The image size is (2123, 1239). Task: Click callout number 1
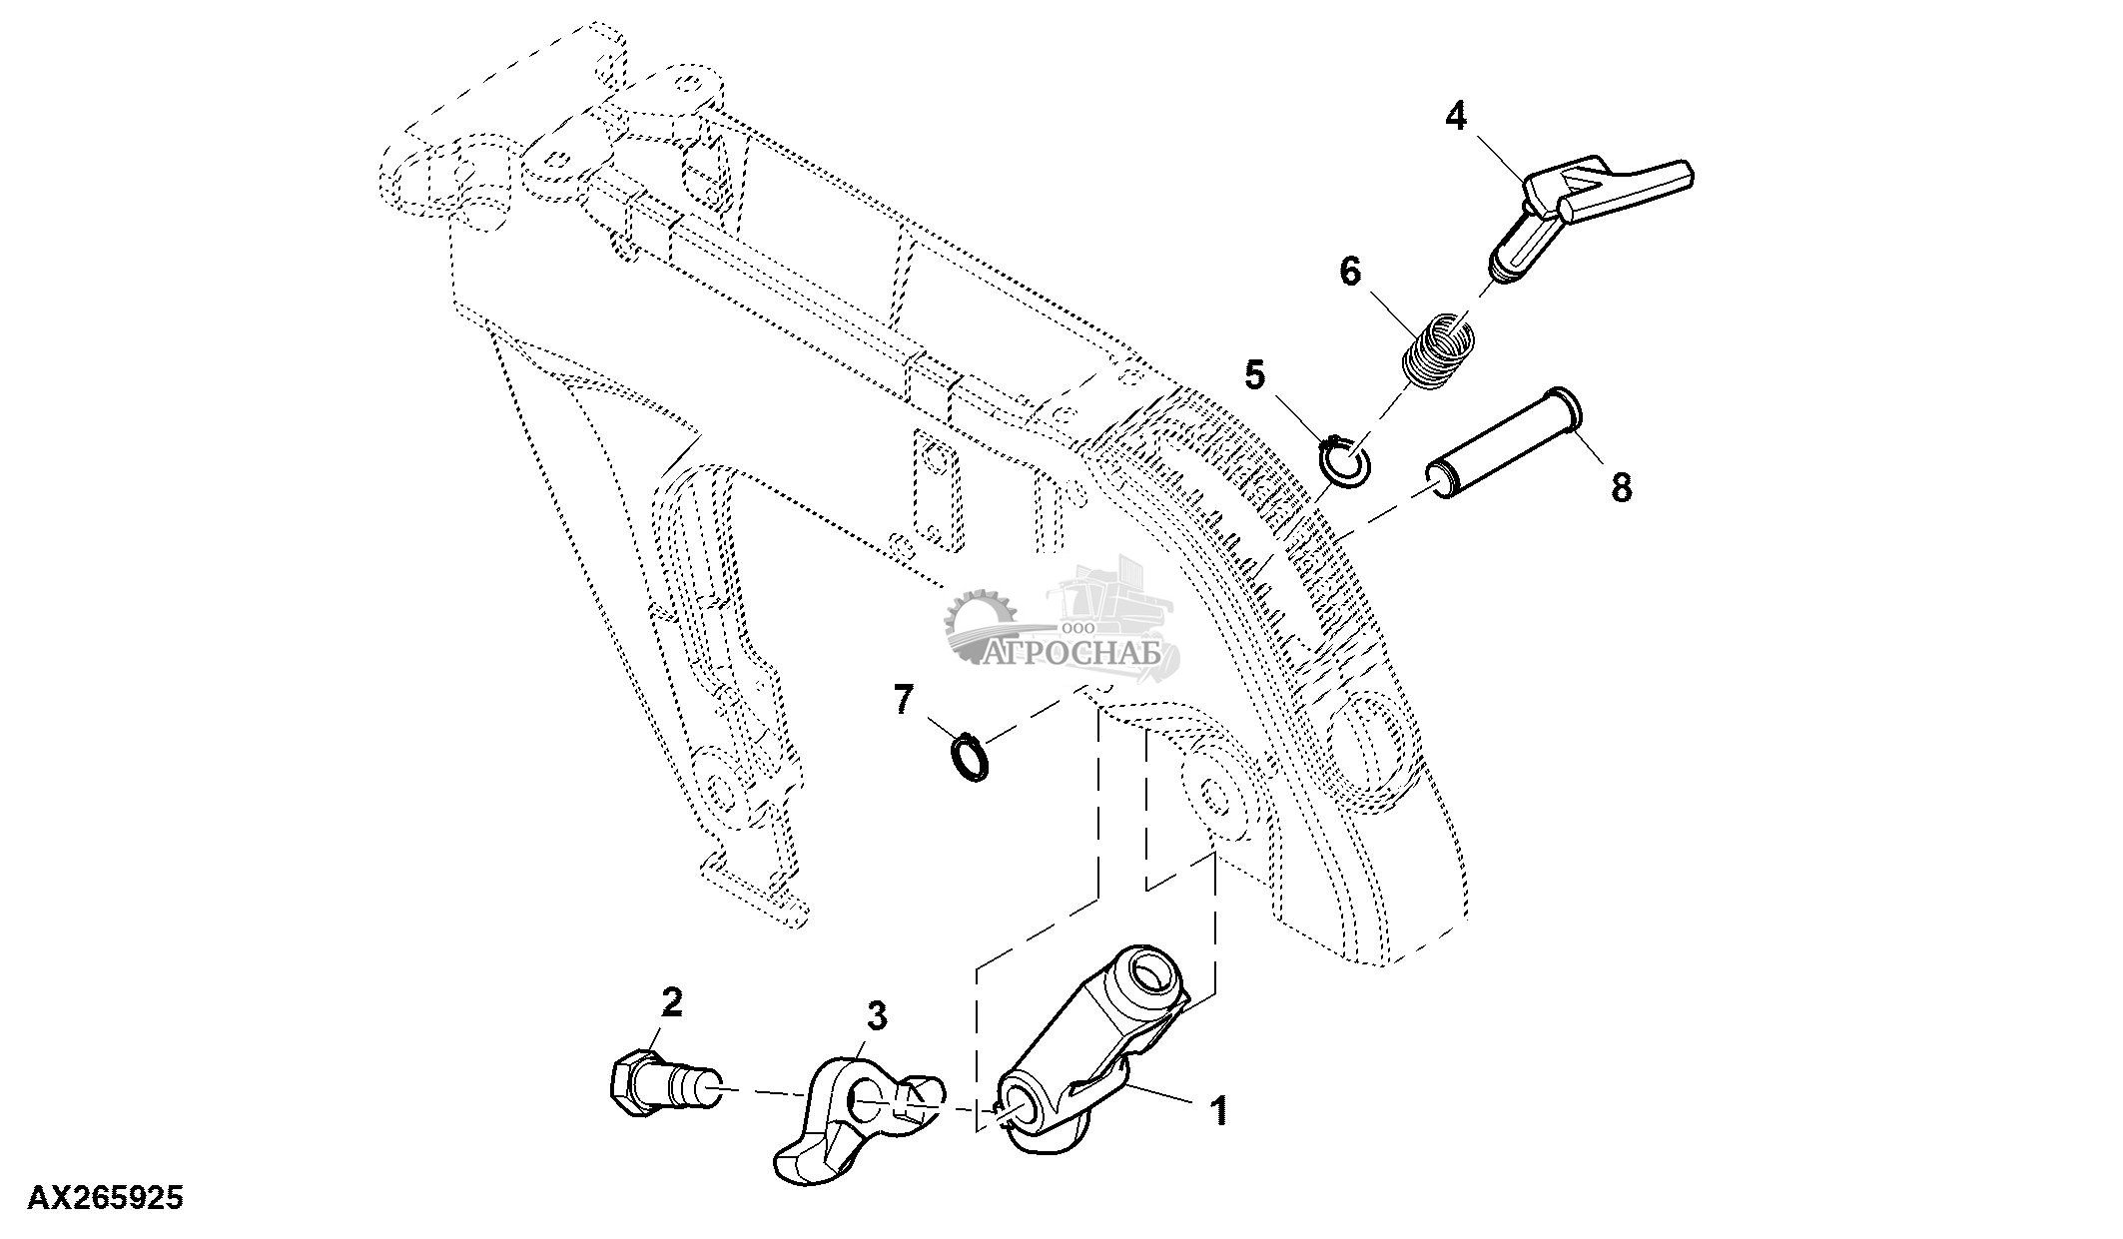[x=1218, y=1110]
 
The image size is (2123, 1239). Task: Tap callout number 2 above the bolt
[x=672, y=1001]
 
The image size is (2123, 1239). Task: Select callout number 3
[x=875, y=1016]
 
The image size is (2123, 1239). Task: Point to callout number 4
[x=1457, y=117]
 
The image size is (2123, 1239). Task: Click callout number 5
[x=1254, y=375]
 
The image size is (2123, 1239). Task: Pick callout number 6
[x=1350, y=271]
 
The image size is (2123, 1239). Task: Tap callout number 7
[x=903, y=699]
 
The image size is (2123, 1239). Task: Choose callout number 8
[x=1621, y=488]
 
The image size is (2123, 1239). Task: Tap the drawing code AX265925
[x=105, y=1197]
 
